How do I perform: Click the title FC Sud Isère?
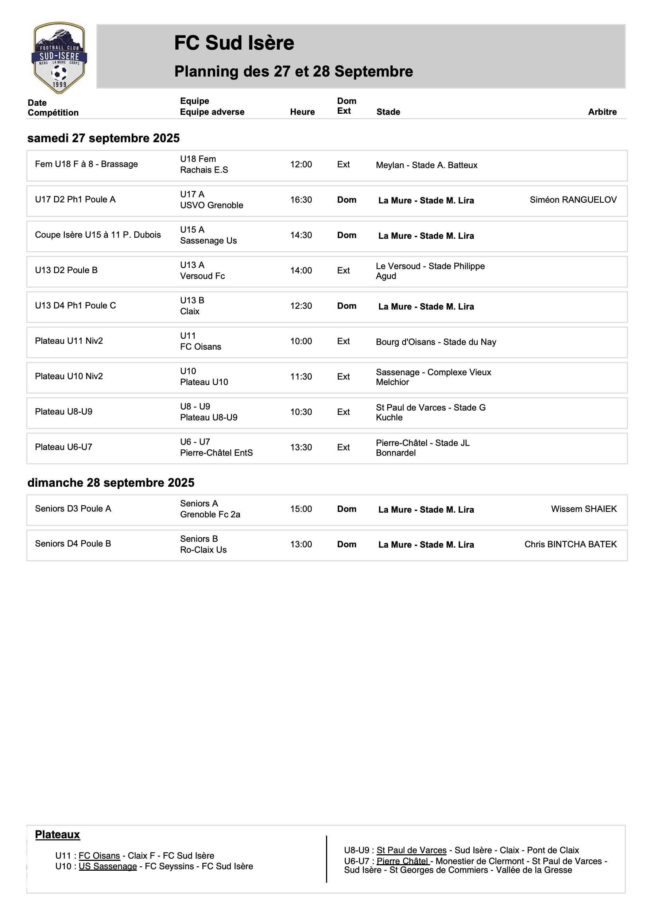pyautogui.click(x=234, y=43)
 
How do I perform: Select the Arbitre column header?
pyautogui.click(x=602, y=112)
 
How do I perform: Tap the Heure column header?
pyautogui.click(x=302, y=112)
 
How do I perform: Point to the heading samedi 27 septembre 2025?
pyautogui.click(x=104, y=138)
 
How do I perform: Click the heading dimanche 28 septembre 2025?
pyautogui.click(x=111, y=483)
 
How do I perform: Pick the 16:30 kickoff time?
pyautogui.click(x=301, y=200)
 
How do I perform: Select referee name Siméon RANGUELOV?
pyautogui.click(x=573, y=200)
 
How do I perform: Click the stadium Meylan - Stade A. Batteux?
pyautogui.click(x=426, y=165)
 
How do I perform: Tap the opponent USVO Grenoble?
pyautogui.click(x=212, y=205)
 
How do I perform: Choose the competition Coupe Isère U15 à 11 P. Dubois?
pyautogui.click(x=98, y=235)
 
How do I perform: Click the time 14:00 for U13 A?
pyautogui.click(x=301, y=271)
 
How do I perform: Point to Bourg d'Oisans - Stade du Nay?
pyautogui.click(x=436, y=342)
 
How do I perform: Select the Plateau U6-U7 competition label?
pyautogui.click(x=63, y=447)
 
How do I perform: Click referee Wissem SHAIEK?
pyautogui.click(x=584, y=509)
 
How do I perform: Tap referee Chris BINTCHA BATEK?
pyautogui.click(x=570, y=544)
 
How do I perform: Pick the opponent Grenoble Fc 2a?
pyautogui.click(x=210, y=515)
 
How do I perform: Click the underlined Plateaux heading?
pyautogui.click(x=57, y=835)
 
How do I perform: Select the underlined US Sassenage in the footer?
pyautogui.click(x=108, y=866)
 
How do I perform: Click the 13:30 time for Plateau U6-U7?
pyautogui.click(x=301, y=447)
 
